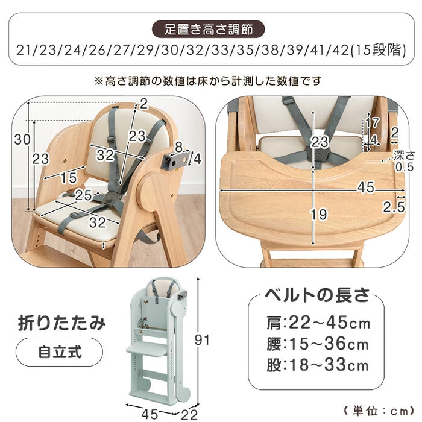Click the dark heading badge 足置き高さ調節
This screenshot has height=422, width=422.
coord(211,28)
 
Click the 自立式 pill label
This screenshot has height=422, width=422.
coord(58,349)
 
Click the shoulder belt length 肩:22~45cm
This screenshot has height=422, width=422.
coord(317,323)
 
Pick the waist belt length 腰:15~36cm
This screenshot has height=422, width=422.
coord(317,344)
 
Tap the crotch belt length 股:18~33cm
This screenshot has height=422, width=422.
coord(317,365)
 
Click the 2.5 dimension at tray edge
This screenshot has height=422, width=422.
coord(394,208)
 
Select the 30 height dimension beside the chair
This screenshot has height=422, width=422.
coord(22,140)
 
